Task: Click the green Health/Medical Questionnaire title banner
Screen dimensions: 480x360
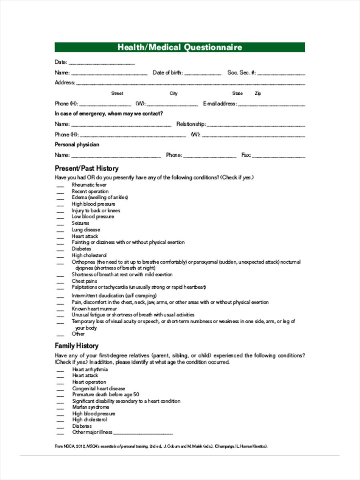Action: point(180,47)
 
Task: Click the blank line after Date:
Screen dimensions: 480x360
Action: point(102,63)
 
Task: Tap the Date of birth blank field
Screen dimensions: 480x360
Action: point(203,74)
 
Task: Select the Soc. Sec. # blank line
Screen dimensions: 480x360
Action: point(282,74)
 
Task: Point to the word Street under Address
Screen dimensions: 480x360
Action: point(117,94)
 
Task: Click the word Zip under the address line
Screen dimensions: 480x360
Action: point(258,94)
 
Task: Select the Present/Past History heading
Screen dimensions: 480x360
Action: point(86,168)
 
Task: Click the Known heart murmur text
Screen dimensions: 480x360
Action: point(94,309)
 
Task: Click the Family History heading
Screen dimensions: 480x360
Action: point(76,346)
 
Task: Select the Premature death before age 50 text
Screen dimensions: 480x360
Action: point(106,394)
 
